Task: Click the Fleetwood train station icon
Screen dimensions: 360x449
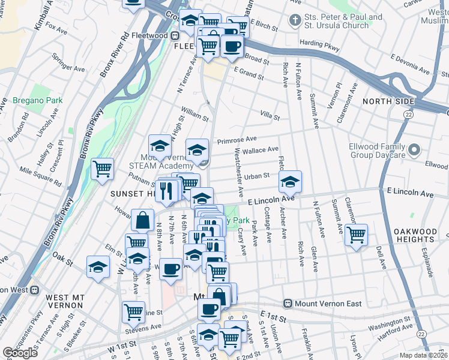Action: coord(136,35)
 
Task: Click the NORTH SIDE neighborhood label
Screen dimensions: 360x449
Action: coord(388,101)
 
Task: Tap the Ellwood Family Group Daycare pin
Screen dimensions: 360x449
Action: coord(414,150)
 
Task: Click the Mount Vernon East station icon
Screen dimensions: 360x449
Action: coord(288,304)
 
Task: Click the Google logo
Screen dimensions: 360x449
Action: coord(20,353)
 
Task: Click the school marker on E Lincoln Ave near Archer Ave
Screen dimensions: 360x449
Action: coord(290,181)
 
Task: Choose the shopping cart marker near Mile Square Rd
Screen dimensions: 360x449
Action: coord(102,169)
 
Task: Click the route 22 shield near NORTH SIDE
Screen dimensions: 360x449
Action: coord(408,113)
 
